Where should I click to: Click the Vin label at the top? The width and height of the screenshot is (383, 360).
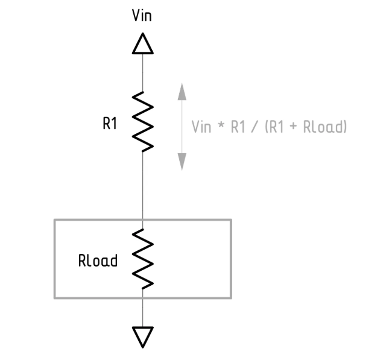coord(142,16)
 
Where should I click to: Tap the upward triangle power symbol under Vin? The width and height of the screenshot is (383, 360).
coord(143,44)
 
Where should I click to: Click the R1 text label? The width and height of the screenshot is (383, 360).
coord(110,124)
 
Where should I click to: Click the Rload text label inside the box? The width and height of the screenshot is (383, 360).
coord(98,261)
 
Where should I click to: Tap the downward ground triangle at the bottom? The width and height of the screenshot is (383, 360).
coord(143,336)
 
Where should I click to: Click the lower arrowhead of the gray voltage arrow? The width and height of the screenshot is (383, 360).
coord(182,162)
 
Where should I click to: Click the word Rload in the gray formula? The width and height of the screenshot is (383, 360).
coord(323,127)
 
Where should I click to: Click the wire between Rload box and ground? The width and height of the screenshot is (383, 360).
coord(143,311)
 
